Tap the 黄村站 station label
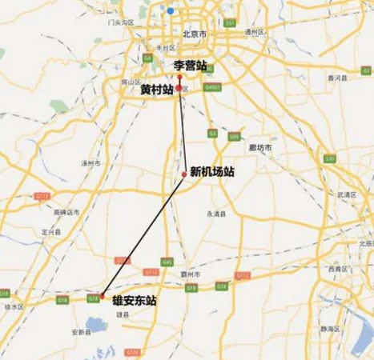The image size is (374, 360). click(156, 90)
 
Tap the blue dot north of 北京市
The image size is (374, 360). click(170, 11)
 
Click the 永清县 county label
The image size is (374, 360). click(217, 214)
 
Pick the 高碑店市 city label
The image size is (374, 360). click(66, 213)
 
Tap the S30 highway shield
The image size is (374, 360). click(330, 160)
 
